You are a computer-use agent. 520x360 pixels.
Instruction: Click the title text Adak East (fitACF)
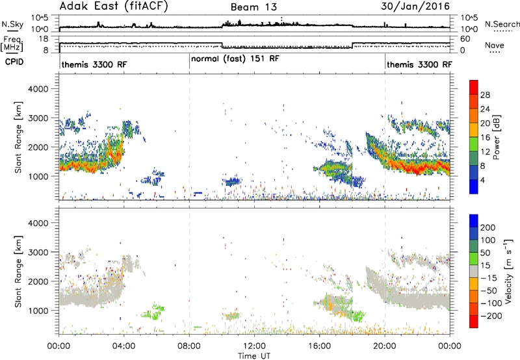click(114, 6)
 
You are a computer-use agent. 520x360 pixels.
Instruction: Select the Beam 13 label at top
click(253, 7)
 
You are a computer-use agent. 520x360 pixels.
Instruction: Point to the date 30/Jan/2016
click(415, 6)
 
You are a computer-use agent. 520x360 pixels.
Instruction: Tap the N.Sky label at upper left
click(12, 24)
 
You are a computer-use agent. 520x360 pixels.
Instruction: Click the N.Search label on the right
click(502, 24)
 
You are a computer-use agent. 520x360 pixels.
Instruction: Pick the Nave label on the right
click(494, 45)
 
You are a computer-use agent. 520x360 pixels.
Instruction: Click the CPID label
click(14, 62)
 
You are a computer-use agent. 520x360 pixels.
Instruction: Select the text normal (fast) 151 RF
click(235, 58)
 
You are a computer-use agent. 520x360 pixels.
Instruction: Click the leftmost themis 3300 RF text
click(94, 64)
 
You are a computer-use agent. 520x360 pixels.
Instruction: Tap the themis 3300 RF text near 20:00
click(419, 64)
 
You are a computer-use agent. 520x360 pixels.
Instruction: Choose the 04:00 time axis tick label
click(124, 346)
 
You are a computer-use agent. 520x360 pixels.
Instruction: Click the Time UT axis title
click(254, 356)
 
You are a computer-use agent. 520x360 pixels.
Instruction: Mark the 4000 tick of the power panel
click(38, 89)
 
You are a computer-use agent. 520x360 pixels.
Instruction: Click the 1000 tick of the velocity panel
click(38, 311)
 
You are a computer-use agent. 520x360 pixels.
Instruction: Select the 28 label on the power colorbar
click(485, 95)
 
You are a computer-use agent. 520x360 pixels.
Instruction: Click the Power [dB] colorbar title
click(497, 137)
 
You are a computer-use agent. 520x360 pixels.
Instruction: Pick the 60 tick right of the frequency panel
click(465, 39)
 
